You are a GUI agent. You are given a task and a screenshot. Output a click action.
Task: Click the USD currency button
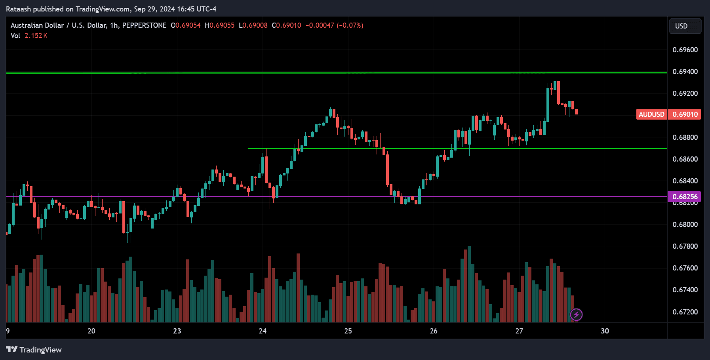pyautogui.click(x=685, y=26)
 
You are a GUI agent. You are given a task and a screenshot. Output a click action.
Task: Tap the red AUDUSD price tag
pyautogui.click(x=651, y=114)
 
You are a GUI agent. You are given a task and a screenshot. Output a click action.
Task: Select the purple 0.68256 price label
pyautogui.click(x=685, y=197)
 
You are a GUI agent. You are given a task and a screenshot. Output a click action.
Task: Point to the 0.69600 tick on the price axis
pyautogui.click(x=685, y=50)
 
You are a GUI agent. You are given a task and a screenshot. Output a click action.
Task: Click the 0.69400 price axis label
pyautogui.click(x=685, y=72)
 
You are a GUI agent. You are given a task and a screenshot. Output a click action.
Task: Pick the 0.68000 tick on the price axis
pyautogui.click(x=685, y=225)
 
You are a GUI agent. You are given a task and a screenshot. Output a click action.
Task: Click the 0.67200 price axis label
pyautogui.click(x=685, y=312)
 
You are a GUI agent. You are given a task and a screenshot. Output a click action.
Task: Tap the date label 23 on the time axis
pyautogui.click(x=177, y=331)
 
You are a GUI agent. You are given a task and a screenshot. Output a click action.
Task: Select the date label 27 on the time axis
pyautogui.click(x=519, y=331)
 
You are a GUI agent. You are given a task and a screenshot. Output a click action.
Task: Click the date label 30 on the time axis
pyautogui.click(x=605, y=331)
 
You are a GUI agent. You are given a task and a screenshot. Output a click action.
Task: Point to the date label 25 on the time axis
pyautogui.click(x=348, y=331)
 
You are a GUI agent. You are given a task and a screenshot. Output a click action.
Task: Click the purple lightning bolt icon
pyautogui.click(x=576, y=315)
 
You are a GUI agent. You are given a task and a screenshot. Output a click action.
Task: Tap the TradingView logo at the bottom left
pyautogui.click(x=34, y=350)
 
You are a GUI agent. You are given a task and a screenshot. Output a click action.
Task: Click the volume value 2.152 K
pyautogui.click(x=36, y=36)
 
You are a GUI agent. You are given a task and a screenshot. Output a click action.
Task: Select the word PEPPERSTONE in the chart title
pyautogui.click(x=144, y=25)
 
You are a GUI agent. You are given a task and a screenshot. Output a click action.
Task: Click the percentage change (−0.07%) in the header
pyautogui.click(x=350, y=25)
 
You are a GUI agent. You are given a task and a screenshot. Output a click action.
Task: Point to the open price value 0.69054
pyautogui.click(x=188, y=25)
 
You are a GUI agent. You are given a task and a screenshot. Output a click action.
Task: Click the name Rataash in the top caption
pyautogui.click(x=18, y=9)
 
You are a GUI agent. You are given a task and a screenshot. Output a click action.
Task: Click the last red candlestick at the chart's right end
pyautogui.click(x=576, y=112)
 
